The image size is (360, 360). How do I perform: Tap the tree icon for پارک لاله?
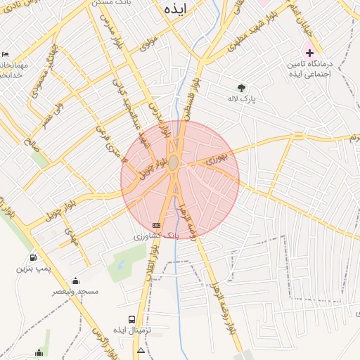point(242,89)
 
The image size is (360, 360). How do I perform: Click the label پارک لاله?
point(241,99)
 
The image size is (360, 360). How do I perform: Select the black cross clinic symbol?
point(309,53)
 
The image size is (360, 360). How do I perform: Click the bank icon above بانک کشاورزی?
point(156,225)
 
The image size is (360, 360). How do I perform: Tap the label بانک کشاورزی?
point(157,236)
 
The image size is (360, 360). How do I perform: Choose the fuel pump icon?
point(34,257)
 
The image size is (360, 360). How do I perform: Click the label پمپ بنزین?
point(35,269)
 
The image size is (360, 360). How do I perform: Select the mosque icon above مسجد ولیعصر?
point(76,281)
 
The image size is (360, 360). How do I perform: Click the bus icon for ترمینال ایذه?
point(132,319)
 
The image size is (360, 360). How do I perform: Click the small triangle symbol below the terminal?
point(141,349)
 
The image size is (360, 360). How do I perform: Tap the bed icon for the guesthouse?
point(6,55)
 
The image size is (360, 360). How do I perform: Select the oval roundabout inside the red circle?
point(173,162)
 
